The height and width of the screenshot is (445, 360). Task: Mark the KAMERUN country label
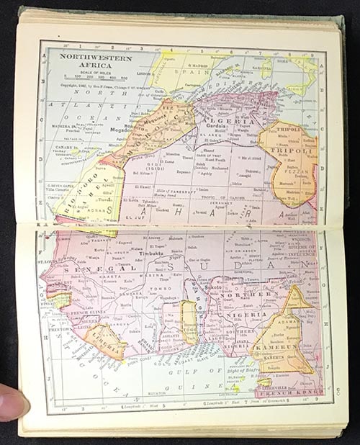(x=276, y=346)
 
